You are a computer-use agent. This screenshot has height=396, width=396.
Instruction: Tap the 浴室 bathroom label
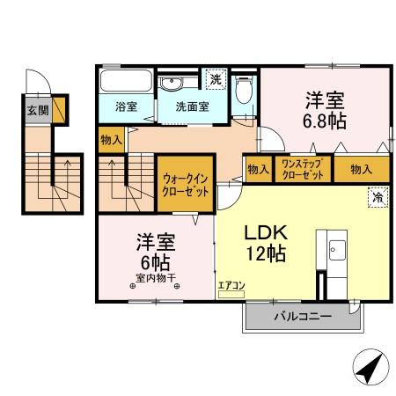click(x=127, y=107)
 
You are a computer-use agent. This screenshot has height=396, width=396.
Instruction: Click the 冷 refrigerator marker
click(x=377, y=198)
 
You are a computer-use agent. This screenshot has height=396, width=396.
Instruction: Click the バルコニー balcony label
click(x=300, y=315)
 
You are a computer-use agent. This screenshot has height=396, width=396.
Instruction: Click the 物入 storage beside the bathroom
click(x=112, y=139)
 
